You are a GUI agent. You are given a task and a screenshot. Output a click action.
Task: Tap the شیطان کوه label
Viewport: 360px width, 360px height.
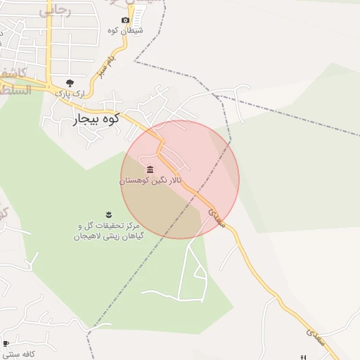point(125,30)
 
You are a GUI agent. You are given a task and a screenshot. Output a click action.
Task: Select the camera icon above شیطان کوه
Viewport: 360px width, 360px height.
point(125,20)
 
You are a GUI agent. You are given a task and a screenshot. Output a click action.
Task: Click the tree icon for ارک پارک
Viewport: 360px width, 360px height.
point(68,83)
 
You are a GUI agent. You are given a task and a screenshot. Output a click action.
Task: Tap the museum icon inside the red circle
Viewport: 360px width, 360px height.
point(150,169)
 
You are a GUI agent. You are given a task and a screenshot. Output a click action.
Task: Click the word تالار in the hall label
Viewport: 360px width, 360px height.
point(169,181)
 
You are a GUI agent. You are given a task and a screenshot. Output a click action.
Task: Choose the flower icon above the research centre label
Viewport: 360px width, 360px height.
point(108,214)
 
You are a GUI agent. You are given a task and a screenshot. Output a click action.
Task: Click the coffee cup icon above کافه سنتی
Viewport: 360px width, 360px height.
point(6,344)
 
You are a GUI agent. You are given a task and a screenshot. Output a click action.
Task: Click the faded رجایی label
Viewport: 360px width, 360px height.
point(55,11)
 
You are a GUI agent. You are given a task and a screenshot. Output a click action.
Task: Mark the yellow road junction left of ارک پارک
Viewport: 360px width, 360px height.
point(50,88)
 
